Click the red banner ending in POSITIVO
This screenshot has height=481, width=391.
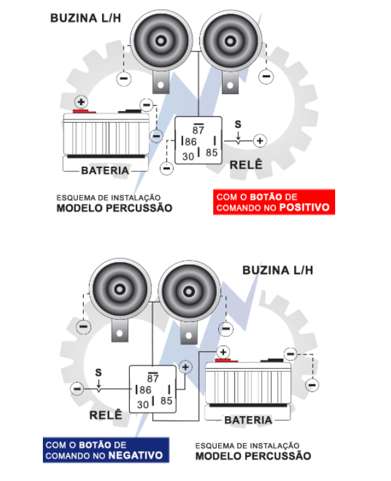point(273,202)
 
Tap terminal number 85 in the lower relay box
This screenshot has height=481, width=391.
point(166,401)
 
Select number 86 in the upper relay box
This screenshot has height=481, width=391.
point(190,142)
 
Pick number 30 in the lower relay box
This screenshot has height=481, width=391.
point(142,404)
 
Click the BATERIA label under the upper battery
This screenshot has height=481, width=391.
point(105,171)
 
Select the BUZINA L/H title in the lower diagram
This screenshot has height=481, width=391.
point(277,270)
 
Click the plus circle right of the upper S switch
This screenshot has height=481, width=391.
point(260,141)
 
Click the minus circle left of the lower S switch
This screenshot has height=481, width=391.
point(77,389)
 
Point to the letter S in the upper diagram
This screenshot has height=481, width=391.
point(238,124)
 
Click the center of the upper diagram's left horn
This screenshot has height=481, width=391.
point(159,41)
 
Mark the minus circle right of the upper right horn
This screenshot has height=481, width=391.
point(265,77)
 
